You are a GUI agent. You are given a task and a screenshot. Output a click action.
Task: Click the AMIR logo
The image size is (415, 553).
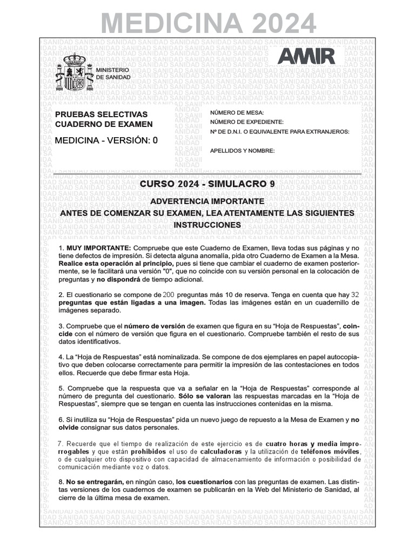[x=305, y=56]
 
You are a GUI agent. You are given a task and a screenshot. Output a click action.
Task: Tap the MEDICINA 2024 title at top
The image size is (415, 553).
[x=208, y=23]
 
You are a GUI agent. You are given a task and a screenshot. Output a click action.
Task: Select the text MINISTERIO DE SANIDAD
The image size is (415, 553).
[x=112, y=74]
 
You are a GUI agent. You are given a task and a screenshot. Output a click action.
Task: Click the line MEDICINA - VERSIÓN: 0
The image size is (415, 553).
[x=106, y=140]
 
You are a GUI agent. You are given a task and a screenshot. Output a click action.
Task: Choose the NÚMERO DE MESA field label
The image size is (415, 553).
[x=237, y=112]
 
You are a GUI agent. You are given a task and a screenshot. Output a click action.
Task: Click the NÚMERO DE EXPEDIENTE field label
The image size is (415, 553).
[x=246, y=122]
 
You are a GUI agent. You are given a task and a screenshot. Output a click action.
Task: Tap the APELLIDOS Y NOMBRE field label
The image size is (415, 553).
[x=243, y=151]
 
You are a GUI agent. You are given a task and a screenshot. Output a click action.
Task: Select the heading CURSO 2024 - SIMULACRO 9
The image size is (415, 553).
[x=207, y=184]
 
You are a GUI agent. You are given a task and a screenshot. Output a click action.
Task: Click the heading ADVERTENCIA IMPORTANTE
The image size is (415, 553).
[x=207, y=201]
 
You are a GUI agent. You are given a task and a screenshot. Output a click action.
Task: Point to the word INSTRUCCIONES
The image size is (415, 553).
[x=207, y=224]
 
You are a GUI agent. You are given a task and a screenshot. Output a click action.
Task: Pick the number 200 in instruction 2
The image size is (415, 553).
[x=169, y=295]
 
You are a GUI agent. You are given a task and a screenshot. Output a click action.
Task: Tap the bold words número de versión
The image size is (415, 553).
[x=155, y=326]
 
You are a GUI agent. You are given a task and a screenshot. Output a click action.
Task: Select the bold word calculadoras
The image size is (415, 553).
[x=222, y=451]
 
